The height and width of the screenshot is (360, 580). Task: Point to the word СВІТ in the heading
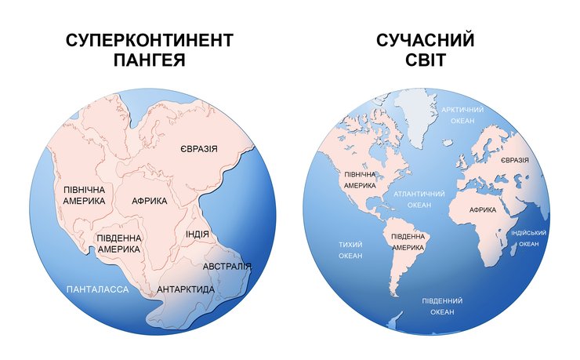click(426, 60)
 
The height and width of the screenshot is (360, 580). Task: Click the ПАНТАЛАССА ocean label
click(98, 289)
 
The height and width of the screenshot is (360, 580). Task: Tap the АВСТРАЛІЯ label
click(227, 267)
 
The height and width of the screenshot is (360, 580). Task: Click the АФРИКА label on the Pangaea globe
click(150, 201)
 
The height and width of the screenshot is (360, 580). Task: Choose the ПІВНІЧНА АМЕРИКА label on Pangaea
click(84, 195)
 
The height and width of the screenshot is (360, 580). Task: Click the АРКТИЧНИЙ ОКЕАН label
click(463, 115)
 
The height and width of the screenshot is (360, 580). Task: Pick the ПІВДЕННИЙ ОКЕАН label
click(442, 306)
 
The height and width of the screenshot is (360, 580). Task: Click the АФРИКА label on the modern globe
click(483, 210)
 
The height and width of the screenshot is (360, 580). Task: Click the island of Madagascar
click(513, 248)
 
